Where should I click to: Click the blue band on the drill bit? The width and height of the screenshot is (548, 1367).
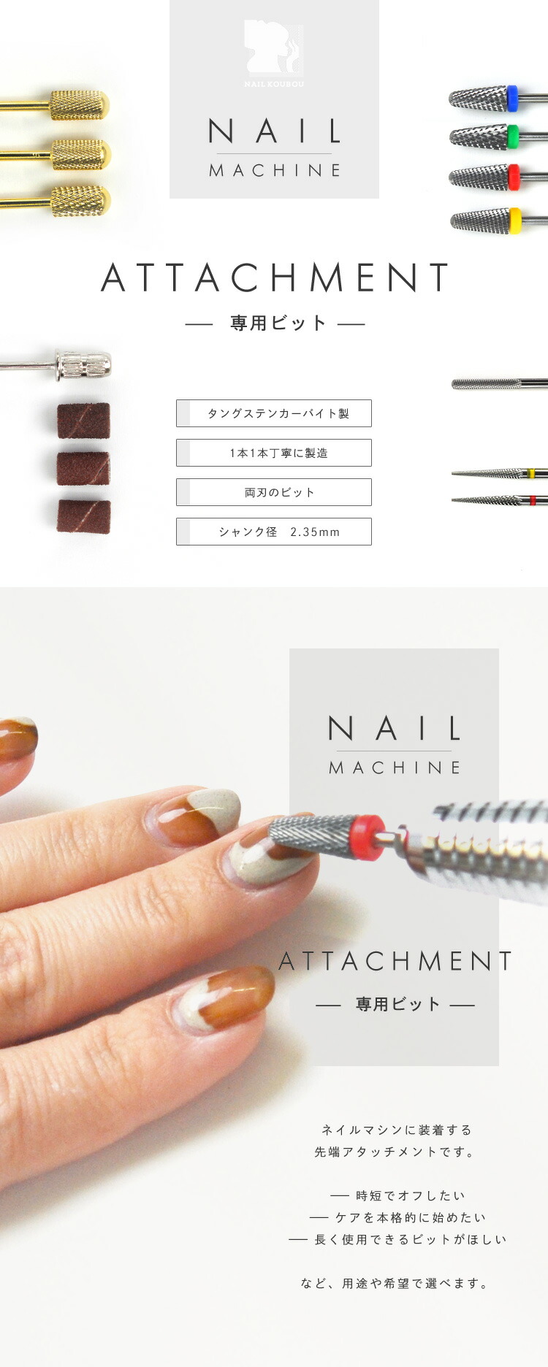512,98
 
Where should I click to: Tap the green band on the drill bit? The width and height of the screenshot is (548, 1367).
512,136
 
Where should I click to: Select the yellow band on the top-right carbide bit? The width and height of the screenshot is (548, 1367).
514,221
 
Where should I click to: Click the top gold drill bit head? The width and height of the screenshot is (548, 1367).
80,105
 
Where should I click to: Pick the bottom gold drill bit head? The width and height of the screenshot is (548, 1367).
81,201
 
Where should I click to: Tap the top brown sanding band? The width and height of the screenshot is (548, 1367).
84,421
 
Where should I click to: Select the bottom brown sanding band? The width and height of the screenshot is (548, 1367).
84,516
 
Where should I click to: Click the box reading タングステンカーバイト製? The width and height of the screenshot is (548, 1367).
274,413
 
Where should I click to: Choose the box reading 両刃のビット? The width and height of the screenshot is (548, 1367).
274,492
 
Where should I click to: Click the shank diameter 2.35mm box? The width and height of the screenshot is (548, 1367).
274,532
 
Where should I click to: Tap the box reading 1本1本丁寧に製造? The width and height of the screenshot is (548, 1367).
274,453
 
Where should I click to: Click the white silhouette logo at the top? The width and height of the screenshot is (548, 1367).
273,48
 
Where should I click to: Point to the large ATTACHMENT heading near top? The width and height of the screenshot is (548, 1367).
275,277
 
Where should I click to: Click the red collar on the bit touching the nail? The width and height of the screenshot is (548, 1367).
369,838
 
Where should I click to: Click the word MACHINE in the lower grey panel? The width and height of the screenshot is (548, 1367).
395,767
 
